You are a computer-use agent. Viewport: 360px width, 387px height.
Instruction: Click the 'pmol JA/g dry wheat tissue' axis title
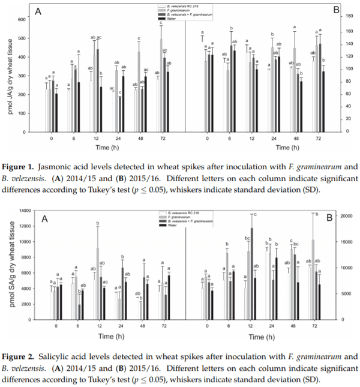click(9, 76)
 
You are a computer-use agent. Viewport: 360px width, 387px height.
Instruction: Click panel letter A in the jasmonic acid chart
click(38, 11)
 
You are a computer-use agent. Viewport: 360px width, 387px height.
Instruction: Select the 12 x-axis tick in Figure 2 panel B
click(252, 327)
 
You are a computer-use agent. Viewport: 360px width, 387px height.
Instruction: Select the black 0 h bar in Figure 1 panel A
click(57, 112)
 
